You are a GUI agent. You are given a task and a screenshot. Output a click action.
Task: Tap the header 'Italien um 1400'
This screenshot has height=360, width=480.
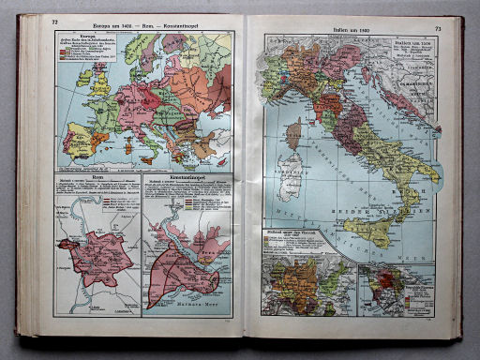348,29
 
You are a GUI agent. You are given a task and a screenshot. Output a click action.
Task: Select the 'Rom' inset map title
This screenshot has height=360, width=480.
97,184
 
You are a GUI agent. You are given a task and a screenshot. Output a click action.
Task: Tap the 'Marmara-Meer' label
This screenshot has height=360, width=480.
191,305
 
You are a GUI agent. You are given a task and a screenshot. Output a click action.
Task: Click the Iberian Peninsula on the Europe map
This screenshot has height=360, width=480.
78,138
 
